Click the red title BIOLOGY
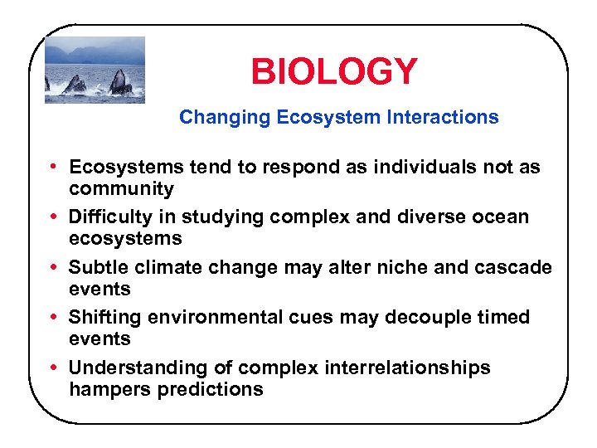[334, 72]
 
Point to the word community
[121, 189]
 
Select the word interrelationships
[403, 368]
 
